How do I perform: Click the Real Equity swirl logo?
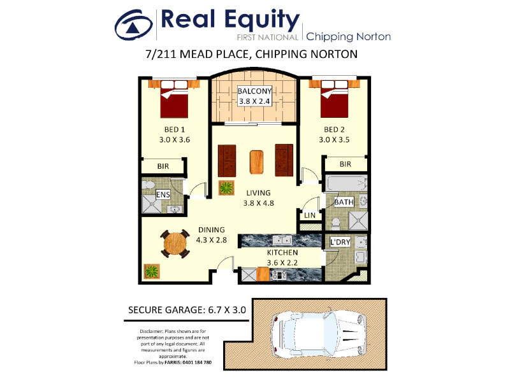(x=134, y=25)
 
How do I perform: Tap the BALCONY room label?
(x=254, y=91)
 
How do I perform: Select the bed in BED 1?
(x=174, y=99)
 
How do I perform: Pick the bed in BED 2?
(x=334, y=99)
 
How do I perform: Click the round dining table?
(x=175, y=244)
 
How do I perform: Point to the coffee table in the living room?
(x=256, y=162)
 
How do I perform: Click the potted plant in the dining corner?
(x=152, y=271)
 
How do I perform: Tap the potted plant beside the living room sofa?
(x=226, y=187)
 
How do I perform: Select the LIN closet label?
(x=310, y=215)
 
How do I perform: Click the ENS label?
(x=163, y=195)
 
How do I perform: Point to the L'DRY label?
(x=340, y=242)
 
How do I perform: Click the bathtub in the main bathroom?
(x=346, y=183)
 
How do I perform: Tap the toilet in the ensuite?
(x=149, y=185)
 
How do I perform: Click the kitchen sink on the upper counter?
(x=282, y=241)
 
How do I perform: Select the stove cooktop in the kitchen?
(x=279, y=275)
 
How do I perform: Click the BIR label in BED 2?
(x=346, y=164)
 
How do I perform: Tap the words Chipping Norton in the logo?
(x=348, y=37)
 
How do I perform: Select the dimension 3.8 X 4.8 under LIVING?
(x=259, y=203)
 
